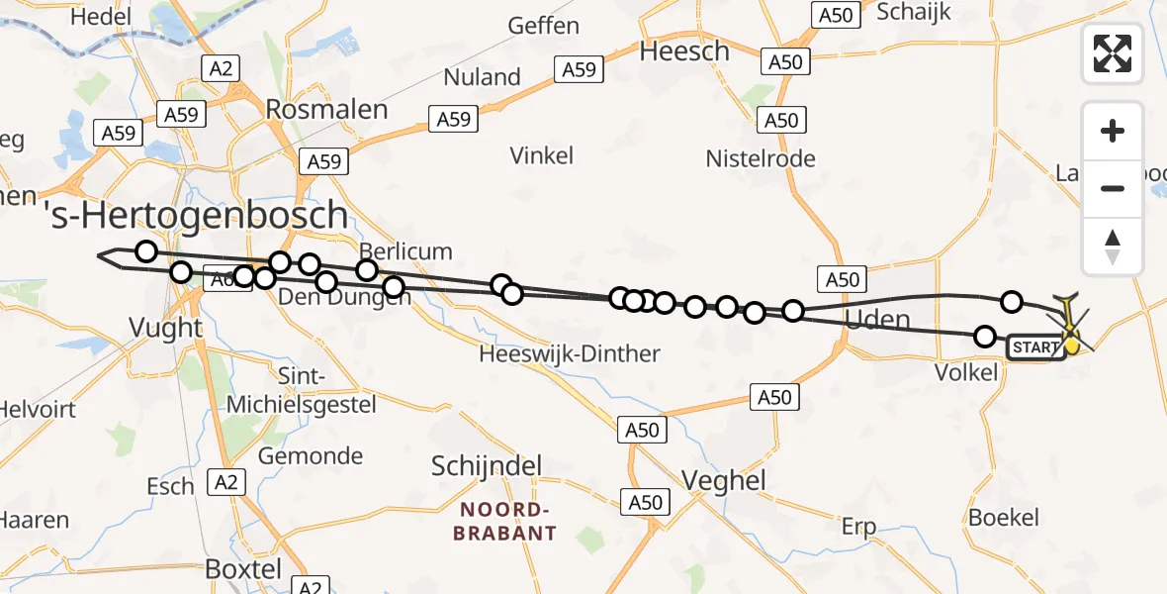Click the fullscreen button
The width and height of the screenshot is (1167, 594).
(1113, 52)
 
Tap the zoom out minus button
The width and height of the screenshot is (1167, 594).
(1113, 188)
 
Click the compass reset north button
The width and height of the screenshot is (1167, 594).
(1113, 247)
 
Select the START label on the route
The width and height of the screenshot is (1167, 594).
(1034, 347)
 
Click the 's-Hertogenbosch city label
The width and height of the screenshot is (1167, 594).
(199, 215)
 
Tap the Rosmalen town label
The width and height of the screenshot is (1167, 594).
(326, 109)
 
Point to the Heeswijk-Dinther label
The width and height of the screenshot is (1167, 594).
(569, 353)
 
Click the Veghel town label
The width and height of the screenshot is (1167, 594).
(724, 481)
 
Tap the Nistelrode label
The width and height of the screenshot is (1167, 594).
(760, 158)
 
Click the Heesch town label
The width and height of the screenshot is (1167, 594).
(684, 51)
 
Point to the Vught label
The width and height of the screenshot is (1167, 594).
(166, 328)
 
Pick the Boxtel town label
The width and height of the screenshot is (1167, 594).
(242, 569)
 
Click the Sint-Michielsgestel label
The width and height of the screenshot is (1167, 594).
(302, 391)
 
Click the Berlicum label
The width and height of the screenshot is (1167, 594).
(405, 251)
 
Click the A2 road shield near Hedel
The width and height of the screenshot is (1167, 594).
(220, 67)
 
